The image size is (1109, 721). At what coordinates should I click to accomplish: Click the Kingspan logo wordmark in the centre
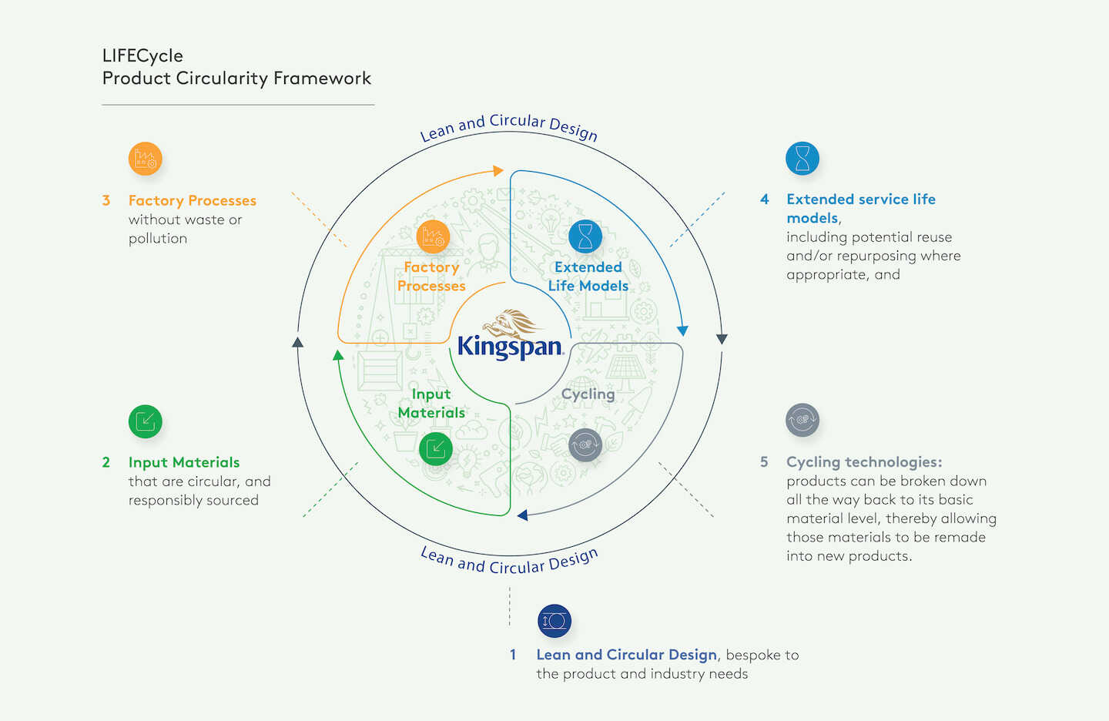(510, 347)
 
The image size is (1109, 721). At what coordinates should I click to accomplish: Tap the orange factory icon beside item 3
(145, 159)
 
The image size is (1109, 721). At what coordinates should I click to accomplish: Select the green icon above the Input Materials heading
(145, 421)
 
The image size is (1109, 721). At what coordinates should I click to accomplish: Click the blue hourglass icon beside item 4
(802, 159)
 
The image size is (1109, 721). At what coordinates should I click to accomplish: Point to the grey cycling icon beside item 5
(802, 421)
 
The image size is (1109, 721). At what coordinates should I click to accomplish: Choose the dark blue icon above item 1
(554, 621)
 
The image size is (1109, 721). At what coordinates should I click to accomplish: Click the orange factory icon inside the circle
(433, 236)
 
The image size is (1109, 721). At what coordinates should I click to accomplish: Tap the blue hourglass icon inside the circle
(585, 236)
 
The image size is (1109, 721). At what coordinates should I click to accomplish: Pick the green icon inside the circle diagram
(436, 448)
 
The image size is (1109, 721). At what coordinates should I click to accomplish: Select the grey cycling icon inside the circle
(585, 444)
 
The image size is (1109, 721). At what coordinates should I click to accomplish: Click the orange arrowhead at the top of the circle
(498, 170)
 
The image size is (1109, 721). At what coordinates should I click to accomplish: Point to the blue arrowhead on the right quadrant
(682, 330)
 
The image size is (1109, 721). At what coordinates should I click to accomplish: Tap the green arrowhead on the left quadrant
(337, 355)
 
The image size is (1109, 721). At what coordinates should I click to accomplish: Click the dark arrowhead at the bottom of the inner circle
(523, 515)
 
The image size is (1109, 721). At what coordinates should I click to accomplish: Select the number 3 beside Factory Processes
(106, 200)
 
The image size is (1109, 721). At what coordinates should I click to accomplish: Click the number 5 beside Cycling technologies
(764, 462)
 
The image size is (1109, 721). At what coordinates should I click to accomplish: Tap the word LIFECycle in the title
(142, 55)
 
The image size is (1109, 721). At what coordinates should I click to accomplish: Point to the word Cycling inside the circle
(588, 394)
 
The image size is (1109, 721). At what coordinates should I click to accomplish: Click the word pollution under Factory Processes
(158, 239)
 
